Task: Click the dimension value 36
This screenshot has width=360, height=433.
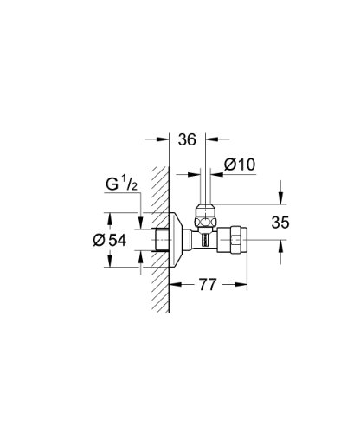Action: coord(187,139)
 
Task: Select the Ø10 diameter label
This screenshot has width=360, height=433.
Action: coord(240,165)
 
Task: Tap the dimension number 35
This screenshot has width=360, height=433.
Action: coord(280,223)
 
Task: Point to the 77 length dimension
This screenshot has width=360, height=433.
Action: coord(208,285)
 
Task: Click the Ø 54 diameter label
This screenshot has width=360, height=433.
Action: coord(110,240)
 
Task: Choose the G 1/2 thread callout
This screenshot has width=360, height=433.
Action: coord(121,184)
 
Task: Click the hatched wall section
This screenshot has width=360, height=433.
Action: coord(160,240)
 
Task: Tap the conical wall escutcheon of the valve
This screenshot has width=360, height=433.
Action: coord(176,240)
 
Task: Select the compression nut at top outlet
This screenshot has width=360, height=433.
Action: coord(205,216)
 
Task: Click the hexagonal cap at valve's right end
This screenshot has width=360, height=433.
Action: coord(233,240)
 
